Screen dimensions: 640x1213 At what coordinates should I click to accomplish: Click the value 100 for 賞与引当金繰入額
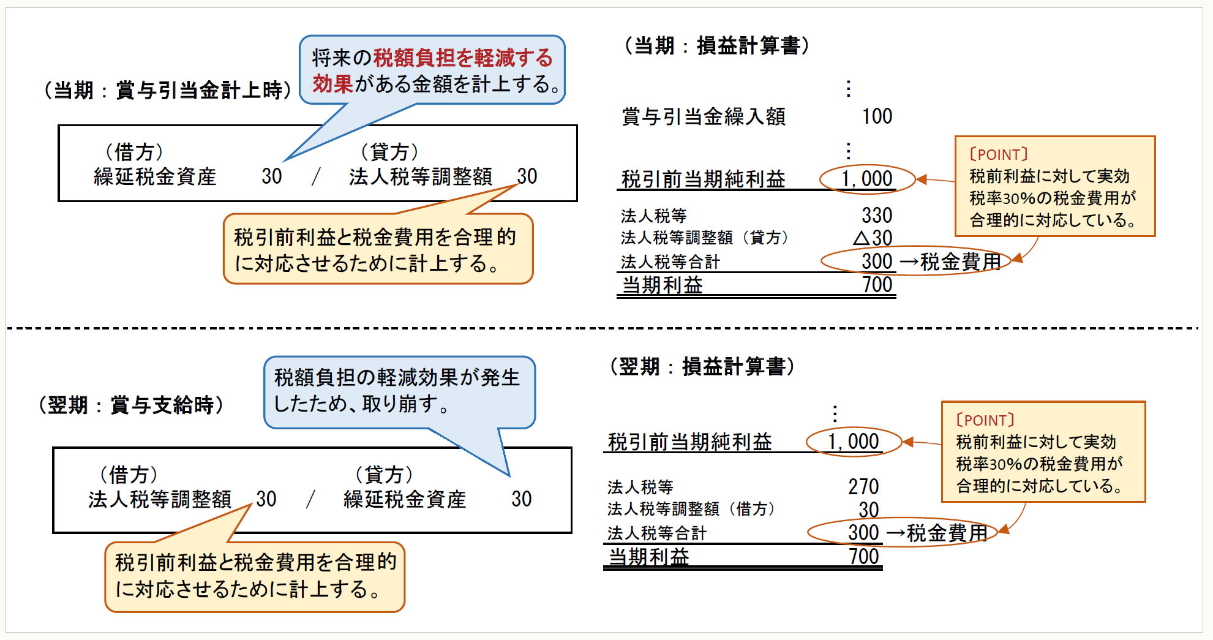click(x=877, y=116)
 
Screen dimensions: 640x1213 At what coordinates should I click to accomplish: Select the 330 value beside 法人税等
click(x=877, y=216)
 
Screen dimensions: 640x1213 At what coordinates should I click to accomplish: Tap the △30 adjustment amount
click(x=873, y=238)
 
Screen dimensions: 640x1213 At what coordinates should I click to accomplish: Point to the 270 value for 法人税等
click(x=863, y=487)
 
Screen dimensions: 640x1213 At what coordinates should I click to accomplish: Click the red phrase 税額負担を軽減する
click(x=463, y=58)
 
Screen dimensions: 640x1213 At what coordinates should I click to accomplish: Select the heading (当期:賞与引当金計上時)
click(x=167, y=91)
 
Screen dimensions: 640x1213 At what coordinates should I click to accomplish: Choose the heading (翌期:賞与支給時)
click(x=131, y=405)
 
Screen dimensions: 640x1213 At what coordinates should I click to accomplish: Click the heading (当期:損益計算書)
click(x=716, y=46)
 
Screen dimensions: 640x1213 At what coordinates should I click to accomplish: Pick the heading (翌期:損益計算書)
click(x=702, y=367)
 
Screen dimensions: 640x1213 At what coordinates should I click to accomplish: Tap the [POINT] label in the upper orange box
click(x=999, y=154)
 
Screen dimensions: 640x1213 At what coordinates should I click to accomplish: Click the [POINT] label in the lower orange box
click(x=985, y=420)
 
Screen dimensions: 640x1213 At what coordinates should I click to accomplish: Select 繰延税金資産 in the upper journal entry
click(x=155, y=177)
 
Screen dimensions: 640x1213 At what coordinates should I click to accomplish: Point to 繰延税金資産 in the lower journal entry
click(x=405, y=500)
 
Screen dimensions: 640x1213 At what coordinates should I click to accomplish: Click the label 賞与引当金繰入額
click(x=704, y=116)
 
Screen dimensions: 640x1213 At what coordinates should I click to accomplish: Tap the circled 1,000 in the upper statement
click(x=867, y=179)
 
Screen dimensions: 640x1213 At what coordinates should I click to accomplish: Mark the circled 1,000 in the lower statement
click(x=854, y=442)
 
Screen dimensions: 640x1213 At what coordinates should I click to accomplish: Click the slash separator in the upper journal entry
click(x=315, y=177)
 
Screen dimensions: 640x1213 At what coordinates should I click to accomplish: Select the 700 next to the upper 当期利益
click(x=877, y=285)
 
